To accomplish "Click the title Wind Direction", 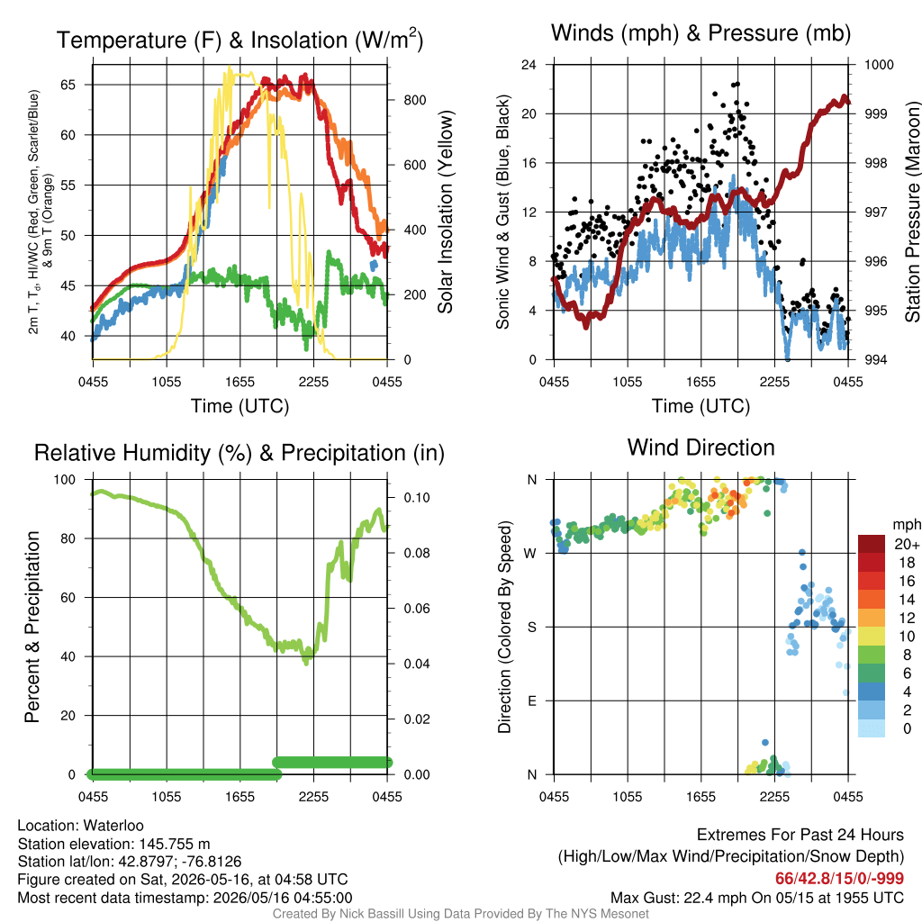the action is click(701, 447).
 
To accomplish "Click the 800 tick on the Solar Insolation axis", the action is click(415, 100).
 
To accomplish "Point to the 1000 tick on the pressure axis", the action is click(879, 65).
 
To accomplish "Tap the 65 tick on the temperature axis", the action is click(68, 85).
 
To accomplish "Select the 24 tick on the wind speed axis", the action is click(529, 65).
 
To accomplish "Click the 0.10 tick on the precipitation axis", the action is click(417, 497).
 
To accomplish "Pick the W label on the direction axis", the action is click(530, 554).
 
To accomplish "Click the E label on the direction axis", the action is click(532, 701).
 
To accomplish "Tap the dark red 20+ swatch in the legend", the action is click(872, 544).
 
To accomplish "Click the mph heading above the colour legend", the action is click(906, 524).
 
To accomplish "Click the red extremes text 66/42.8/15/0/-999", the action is click(839, 879).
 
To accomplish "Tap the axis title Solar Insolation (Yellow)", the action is click(446, 212).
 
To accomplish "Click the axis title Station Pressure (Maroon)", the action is click(912, 212).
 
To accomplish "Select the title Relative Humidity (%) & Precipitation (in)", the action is click(240, 453).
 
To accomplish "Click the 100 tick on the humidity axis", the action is click(65, 480).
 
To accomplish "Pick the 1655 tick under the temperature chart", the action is click(240, 382).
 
